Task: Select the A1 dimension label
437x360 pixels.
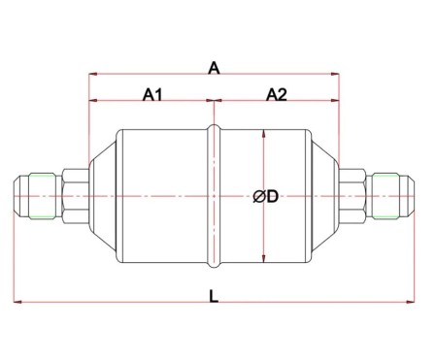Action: (x=152, y=94)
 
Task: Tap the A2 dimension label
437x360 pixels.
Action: (x=276, y=94)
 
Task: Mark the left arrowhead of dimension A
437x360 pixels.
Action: (x=93, y=73)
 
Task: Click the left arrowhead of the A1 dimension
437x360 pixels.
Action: (x=93, y=101)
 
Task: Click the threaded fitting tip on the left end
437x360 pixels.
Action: (x=33, y=197)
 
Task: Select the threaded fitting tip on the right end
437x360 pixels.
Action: (x=396, y=197)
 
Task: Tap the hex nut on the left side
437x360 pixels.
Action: (x=74, y=197)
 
